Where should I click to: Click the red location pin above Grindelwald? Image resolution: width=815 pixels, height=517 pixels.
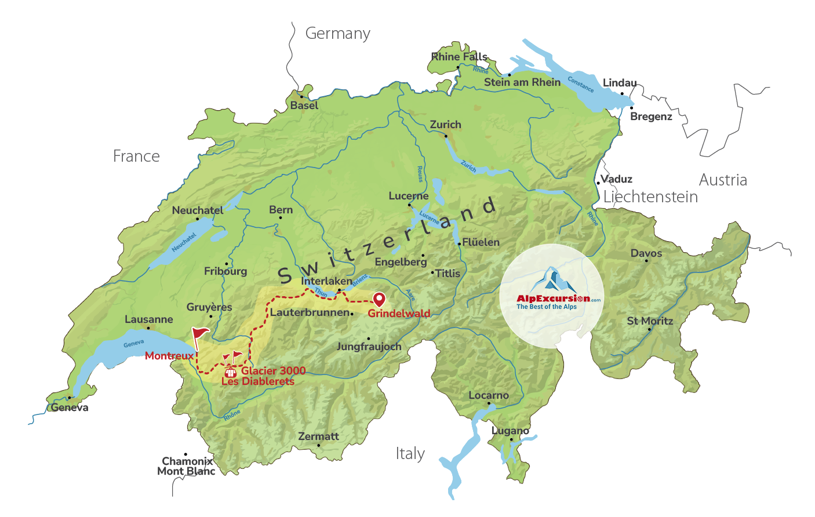379,299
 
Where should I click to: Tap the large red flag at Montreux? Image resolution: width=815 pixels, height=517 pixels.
200,335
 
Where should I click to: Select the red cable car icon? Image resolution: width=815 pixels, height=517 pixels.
230,372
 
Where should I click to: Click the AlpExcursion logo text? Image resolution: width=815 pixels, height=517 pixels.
553,298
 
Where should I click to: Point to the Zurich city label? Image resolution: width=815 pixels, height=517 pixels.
445,125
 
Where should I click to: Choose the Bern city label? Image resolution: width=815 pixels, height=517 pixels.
281,210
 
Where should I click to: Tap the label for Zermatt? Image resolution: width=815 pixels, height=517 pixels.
318,436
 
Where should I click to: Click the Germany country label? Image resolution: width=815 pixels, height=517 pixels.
337,34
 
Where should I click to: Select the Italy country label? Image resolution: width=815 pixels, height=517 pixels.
410,453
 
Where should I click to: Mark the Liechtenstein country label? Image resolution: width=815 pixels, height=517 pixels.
650,197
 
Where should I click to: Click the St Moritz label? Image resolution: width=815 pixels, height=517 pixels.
650,321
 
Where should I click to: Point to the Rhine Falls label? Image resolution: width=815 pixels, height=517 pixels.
459,57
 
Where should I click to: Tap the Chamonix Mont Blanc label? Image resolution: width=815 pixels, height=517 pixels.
187,466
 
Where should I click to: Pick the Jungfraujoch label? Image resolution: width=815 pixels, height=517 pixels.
369,347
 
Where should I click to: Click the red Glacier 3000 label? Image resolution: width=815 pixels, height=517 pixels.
273,371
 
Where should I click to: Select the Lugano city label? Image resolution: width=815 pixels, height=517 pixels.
510,431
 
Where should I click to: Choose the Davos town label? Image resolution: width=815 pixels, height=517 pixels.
646,253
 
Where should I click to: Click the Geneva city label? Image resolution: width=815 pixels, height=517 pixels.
70,407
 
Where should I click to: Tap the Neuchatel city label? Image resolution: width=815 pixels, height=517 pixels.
197,210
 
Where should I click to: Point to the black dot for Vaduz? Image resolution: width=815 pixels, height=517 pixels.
598,183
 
